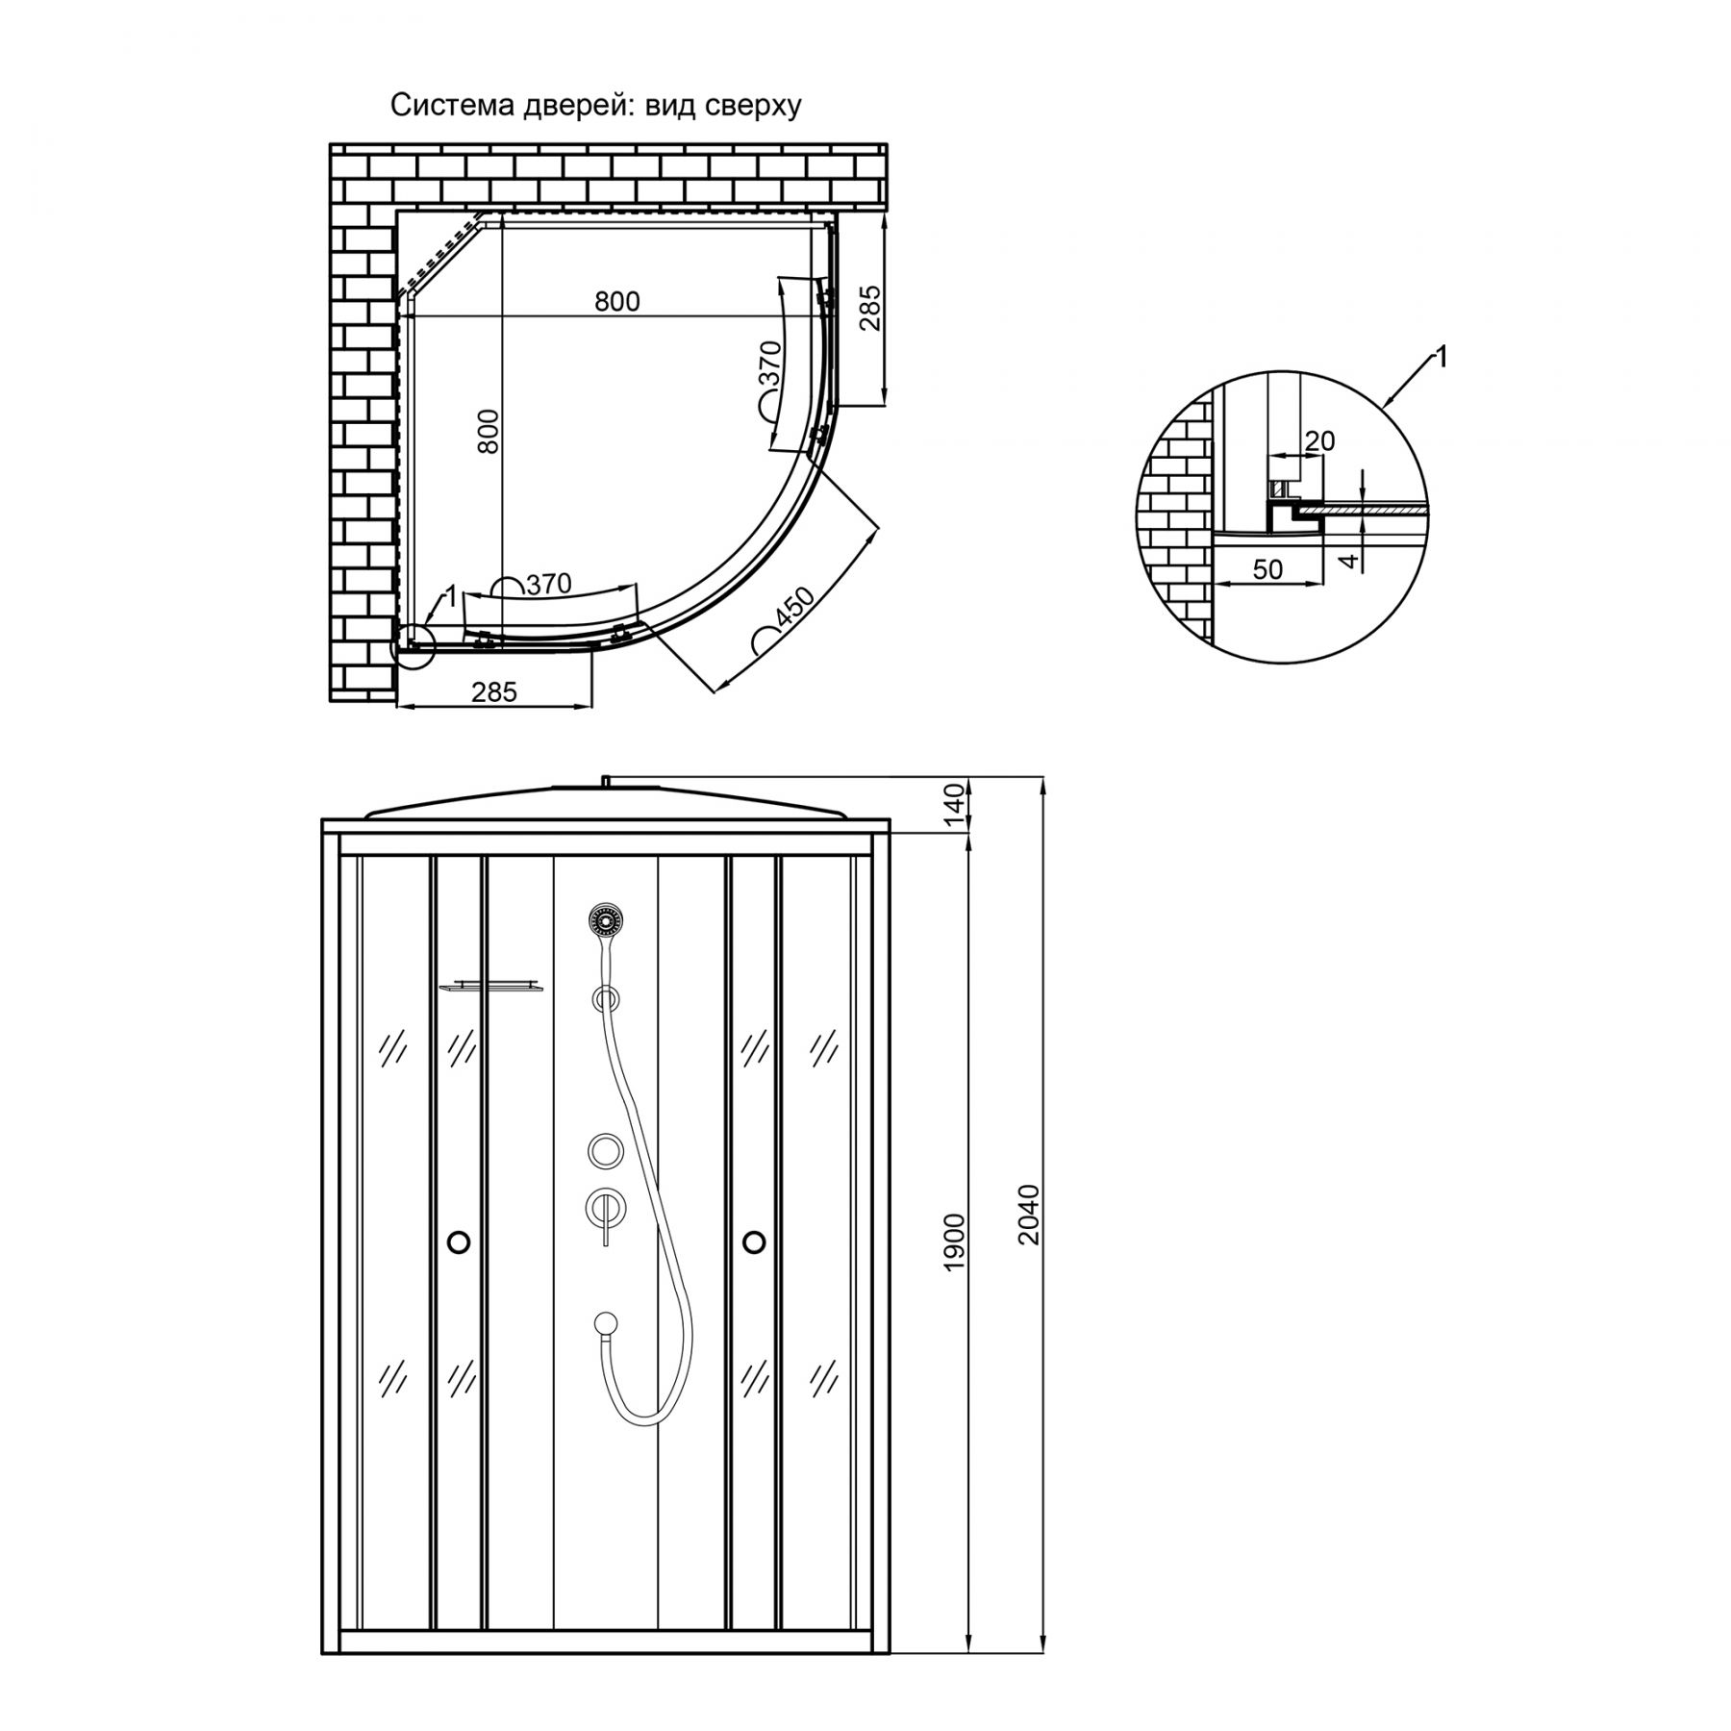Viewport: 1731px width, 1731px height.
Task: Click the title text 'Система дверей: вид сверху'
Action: (x=595, y=106)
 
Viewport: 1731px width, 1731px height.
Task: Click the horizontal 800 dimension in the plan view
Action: (x=616, y=301)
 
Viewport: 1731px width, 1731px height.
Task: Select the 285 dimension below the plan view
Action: (x=494, y=691)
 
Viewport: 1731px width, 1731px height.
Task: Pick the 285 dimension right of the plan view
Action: (x=868, y=308)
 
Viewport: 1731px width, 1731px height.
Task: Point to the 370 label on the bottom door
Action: (x=549, y=584)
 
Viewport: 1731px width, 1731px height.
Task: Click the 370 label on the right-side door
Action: (x=770, y=364)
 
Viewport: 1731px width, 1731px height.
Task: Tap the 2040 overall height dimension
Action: (x=1029, y=1215)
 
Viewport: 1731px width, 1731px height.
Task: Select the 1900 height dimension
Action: (x=953, y=1243)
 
